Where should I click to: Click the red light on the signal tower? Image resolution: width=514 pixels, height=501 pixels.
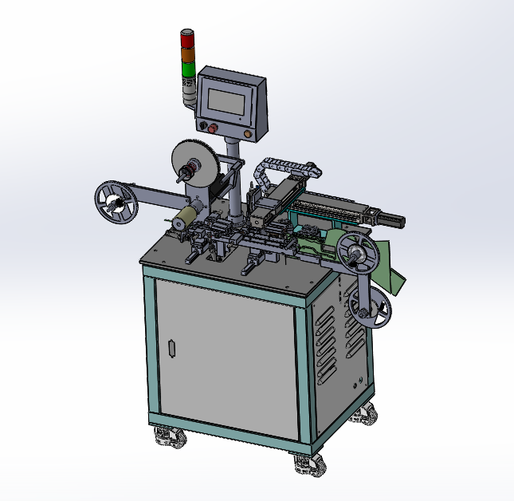[x=187, y=39]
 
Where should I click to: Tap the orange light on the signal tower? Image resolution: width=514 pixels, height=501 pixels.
[x=187, y=54]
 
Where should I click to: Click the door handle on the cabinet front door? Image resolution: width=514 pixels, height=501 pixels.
[x=171, y=348]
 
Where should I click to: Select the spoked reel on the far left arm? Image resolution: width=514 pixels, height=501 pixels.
[x=116, y=203]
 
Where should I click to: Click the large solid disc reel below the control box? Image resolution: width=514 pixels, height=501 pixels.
[x=191, y=164]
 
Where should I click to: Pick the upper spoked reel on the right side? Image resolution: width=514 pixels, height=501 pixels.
[x=355, y=254]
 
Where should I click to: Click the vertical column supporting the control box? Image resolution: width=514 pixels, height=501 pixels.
[x=233, y=179]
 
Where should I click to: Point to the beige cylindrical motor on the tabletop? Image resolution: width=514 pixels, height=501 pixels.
[x=186, y=217]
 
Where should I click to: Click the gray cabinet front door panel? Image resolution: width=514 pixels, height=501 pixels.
[x=223, y=359]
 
